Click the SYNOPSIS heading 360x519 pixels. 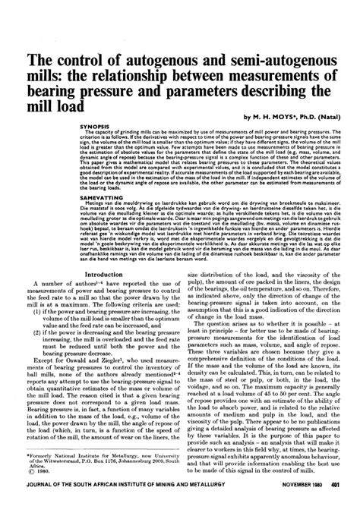95,125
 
